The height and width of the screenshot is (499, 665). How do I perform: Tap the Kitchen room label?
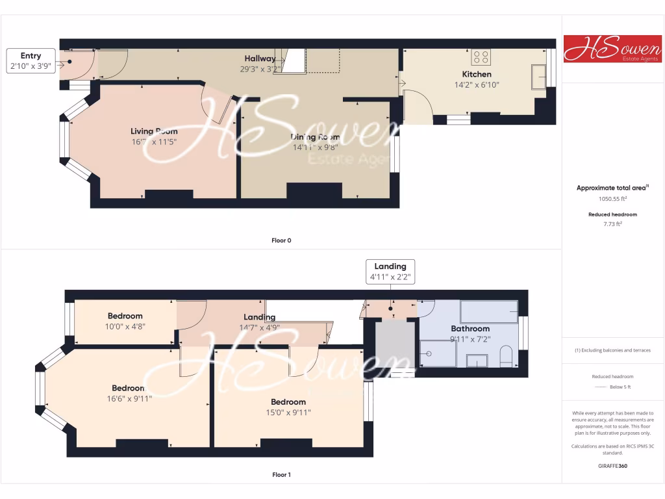[x=477, y=74]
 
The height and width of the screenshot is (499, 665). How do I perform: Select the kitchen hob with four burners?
[x=481, y=57]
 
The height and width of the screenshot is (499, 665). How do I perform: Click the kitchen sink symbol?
[x=539, y=77]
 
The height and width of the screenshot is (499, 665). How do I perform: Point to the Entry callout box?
[x=31, y=61]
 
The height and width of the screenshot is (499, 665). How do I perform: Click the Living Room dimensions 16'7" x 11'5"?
[x=154, y=141]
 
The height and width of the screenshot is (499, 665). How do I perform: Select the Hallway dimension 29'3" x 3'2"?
[x=260, y=68]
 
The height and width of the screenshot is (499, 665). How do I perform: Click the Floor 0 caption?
[x=281, y=240]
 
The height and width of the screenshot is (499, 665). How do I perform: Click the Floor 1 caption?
[x=281, y=475]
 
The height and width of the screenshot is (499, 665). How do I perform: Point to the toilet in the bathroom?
[x=507, y=355]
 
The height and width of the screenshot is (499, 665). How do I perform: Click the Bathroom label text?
[x=470, y=329]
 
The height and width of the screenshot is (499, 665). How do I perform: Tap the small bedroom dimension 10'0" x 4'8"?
[x=125, y=326]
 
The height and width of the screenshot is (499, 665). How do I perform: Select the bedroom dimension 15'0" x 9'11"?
[x=288, y=412]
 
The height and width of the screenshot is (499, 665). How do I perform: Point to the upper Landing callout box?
[x=390, y=271]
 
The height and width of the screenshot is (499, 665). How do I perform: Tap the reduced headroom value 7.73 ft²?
[x=612, y=224]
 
